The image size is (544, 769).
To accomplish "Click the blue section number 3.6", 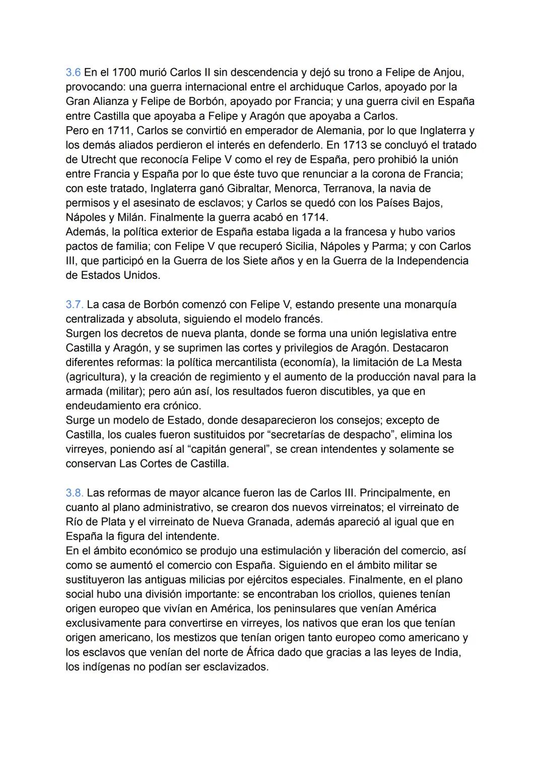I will [73, 73].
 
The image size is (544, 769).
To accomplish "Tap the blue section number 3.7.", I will [75, 305].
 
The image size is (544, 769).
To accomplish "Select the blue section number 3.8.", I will [75, 493].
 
